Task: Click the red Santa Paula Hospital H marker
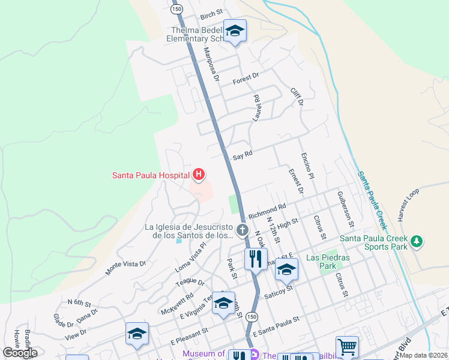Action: point(199,175)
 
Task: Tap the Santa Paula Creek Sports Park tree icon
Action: point(416,242)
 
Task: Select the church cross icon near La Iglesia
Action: point(242,230)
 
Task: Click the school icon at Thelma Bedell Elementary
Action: point(235,31)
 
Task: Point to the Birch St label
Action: point(211,13)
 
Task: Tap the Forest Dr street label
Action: point(245,77)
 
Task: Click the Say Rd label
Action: point(243,154)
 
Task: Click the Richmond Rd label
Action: point(267,211)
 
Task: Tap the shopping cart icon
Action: point(347,346)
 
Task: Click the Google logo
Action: point(20,353)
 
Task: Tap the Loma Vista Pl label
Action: point(191,259)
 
